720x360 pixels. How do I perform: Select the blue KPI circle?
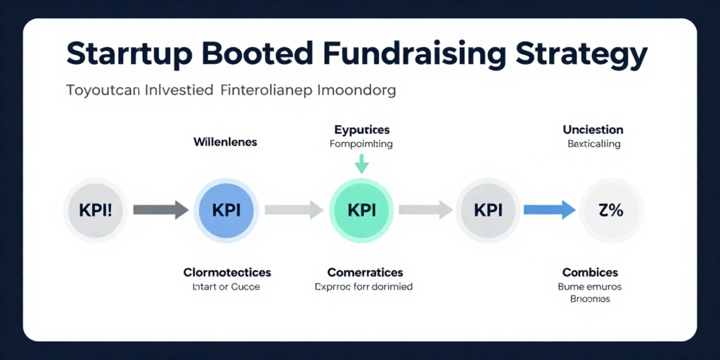(226, 209)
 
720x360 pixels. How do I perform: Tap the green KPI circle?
(361, 209)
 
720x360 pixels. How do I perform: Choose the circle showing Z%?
(610, 209)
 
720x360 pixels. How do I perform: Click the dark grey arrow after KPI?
(160, 209)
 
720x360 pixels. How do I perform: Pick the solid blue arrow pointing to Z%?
(550, 209)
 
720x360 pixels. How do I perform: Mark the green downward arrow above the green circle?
(361, 164)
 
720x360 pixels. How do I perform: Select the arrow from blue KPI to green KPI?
(293, 209)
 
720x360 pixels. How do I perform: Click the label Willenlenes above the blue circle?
(225, 142)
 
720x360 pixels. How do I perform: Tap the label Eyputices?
(361, 130)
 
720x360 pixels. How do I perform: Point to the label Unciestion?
(593, 130)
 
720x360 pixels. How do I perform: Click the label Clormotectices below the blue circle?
(226, 273)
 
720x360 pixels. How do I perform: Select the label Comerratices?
(365, 273)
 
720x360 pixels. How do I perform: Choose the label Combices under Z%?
(590, 273)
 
